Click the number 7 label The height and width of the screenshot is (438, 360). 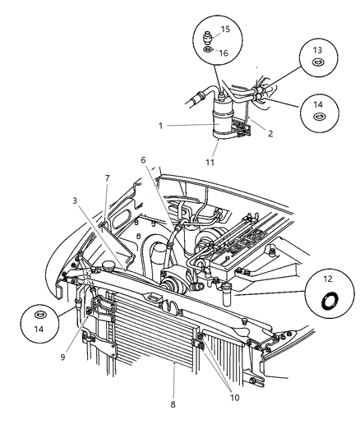point(107,178)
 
